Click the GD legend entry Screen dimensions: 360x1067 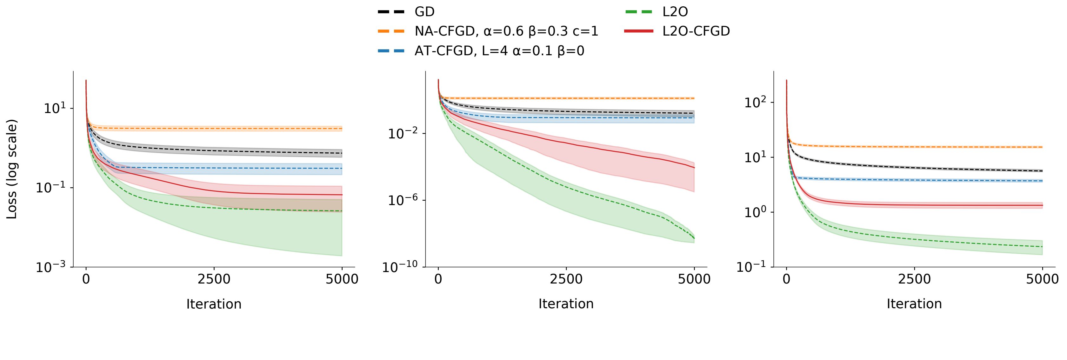pos(424,12)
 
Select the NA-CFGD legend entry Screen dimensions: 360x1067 pos(506,31)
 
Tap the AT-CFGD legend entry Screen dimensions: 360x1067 pos(499,51)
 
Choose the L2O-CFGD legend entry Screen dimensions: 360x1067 pos(696,31)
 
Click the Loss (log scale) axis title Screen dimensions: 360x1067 pos(12,169)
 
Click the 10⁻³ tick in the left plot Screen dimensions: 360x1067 pos(52,268)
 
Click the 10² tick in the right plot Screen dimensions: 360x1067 pos(756,103)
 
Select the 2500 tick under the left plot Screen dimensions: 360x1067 pos(214,279)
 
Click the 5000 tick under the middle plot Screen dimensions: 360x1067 pos(694,279)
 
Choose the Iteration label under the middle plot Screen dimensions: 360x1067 pos(566,304)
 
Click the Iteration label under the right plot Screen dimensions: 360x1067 pos(914,304)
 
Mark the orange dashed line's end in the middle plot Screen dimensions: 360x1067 pos(694,98)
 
